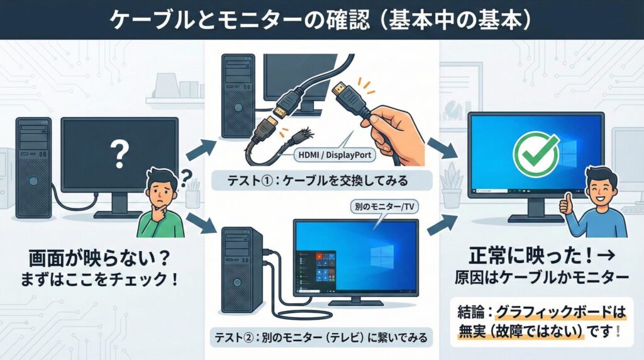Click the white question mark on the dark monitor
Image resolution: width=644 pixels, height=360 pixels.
[x=119, y=154]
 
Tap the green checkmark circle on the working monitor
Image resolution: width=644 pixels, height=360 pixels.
[x=536, y=155]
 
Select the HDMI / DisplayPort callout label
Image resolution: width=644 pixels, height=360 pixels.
[x=335, y=155]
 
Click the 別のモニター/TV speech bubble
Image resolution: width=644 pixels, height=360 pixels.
[x=384, y=207]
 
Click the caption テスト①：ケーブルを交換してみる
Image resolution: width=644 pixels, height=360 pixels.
[x=318, y=181]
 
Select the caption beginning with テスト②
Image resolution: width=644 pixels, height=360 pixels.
[x=321, y=337]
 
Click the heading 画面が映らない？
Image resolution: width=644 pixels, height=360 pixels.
[x=99, y=258]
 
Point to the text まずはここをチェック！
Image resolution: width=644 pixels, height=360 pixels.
[x=99, y=280]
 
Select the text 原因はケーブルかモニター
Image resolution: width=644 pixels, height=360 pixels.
[x=541, y=278]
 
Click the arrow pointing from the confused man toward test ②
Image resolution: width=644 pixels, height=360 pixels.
[x=201, y=224]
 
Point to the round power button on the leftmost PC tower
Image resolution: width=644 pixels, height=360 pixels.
[x=34, y=181]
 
